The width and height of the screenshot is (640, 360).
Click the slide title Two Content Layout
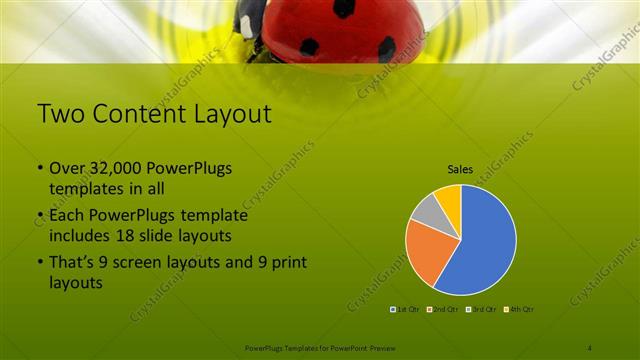(154, 114)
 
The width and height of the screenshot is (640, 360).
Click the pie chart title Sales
(460, 170)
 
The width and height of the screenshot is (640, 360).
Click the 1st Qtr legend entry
(406, 310)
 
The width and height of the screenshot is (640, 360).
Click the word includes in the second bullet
(79, 236)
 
